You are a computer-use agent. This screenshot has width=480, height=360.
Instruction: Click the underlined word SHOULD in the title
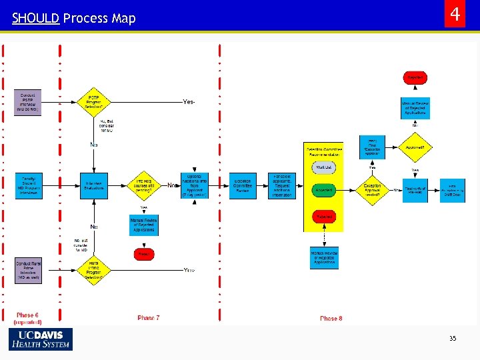point(35,19)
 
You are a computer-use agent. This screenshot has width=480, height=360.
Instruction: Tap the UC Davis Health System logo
point(41,339)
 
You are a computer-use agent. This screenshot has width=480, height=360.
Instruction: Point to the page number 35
point(453,339)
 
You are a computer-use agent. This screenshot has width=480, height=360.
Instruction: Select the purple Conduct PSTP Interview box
point(28,103)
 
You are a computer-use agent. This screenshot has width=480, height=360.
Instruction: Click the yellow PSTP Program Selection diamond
point(93,102)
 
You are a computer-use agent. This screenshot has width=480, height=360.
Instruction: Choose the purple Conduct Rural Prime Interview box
point(28,270)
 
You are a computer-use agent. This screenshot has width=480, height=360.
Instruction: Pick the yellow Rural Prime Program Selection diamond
point(93,270)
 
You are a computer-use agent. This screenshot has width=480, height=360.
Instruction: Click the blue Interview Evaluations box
point(93,186)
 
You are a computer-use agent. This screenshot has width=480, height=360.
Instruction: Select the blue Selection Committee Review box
point(243,186)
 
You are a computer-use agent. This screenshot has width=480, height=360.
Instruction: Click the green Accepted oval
point(323,190)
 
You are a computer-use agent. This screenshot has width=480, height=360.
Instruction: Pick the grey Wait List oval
point(323,168)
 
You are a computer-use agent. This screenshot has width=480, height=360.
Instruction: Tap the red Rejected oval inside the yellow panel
point(323,217)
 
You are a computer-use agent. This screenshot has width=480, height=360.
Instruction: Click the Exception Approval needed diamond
point(373,190)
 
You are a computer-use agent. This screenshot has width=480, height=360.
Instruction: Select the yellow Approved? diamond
point(415,147)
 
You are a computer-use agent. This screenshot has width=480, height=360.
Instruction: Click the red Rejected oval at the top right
point(415,78)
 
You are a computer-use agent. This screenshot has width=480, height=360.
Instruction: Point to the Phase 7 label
point(148,318)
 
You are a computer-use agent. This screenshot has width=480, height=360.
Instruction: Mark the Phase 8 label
point(331,318)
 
